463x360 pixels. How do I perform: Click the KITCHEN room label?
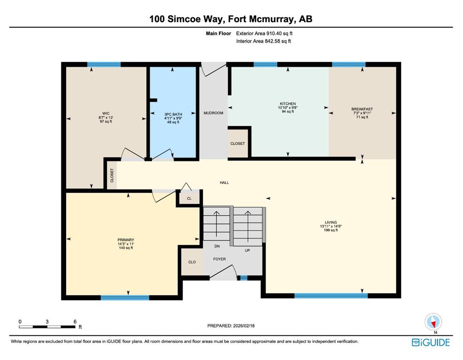[x=288, y=104]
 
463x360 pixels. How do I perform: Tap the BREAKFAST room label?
[x=362, y=109]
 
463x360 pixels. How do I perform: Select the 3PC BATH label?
[x=173, y=114]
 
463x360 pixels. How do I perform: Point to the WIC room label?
[x=106, y=113]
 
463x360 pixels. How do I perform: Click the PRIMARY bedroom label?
[x=126, y=240]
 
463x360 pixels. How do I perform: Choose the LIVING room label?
[x=331, y=223]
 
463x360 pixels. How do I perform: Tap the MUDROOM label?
[x=213, y=113]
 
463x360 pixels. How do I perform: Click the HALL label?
[x=224, y=183]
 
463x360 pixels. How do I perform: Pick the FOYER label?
[x=220, y=259]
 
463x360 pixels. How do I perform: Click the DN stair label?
[x=217, y=246]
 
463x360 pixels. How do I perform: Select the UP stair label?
[x=247, y=250]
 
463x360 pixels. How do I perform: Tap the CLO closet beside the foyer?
[x=192, y=262]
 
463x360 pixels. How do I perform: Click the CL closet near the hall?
[x=189, y=199]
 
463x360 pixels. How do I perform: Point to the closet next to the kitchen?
[x=238, y=143]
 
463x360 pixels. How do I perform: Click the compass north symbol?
[x=433, y=322]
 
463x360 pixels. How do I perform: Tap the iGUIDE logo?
[x=431, y=342]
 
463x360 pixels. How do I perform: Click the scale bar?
[x=47, y=327]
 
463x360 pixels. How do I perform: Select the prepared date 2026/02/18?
[x=243, y=326]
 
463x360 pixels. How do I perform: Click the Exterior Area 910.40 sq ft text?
[x=264, y=34]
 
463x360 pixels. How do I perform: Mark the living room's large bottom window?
[x=331, y=296]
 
